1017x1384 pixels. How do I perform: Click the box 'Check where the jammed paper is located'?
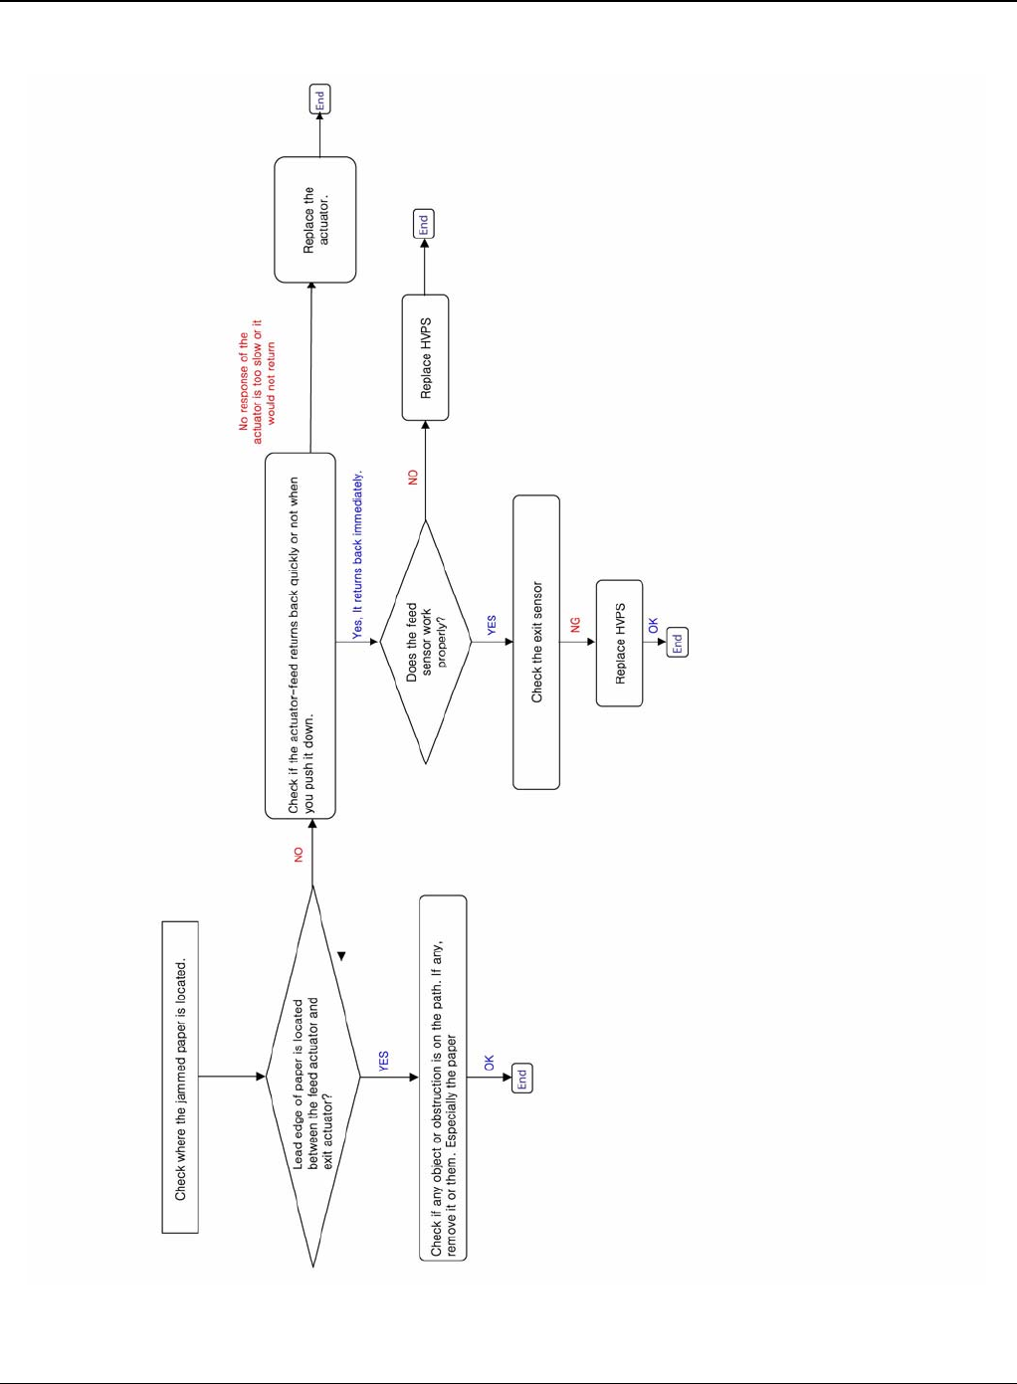[180, 1077]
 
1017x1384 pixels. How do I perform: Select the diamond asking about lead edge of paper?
[313, 1077]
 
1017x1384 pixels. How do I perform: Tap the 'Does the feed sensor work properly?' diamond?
[426, 642]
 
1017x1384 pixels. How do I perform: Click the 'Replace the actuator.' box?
[315, 220]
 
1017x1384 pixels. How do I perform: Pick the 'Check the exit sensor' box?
[536, 642]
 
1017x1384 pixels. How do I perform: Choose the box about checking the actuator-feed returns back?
[301, 636]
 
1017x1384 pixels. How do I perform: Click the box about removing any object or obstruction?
[443, 1077]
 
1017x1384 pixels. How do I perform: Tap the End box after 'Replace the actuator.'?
[319, 99]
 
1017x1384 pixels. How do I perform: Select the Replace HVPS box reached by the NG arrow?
[620, 643]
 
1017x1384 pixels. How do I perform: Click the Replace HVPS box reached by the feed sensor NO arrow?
[426, 358]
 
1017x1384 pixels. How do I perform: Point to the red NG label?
[575, 625]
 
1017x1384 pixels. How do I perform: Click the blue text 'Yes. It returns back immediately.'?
[358, 555]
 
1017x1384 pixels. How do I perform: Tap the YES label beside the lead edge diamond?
[384, 1061]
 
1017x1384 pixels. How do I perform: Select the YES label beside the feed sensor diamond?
[492, 625]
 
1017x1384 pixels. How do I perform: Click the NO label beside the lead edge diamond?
[299, 854]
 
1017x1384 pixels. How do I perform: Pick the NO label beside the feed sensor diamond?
[413, 478]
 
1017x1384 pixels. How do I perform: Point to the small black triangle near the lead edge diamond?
[341, 956]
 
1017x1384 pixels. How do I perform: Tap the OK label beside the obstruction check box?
[490, 1064]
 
